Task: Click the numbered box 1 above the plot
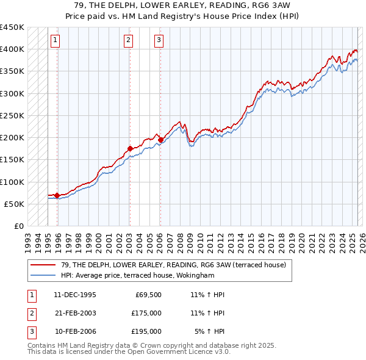tap(55, 41)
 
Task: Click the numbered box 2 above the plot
tap(129, 41)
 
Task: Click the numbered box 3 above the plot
tap(159, 41)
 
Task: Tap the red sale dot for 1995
tap(57, 196)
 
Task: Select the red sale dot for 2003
tap(130, 148)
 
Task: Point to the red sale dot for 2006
tap(160, 140)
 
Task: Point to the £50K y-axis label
tap(14, 204)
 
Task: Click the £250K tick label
tap(12, 116)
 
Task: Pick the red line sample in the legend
tap(43, 265)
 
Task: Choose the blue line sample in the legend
tap(43, 275)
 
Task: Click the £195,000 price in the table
tap(146, 331)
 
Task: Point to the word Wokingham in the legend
tap(196, 275)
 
